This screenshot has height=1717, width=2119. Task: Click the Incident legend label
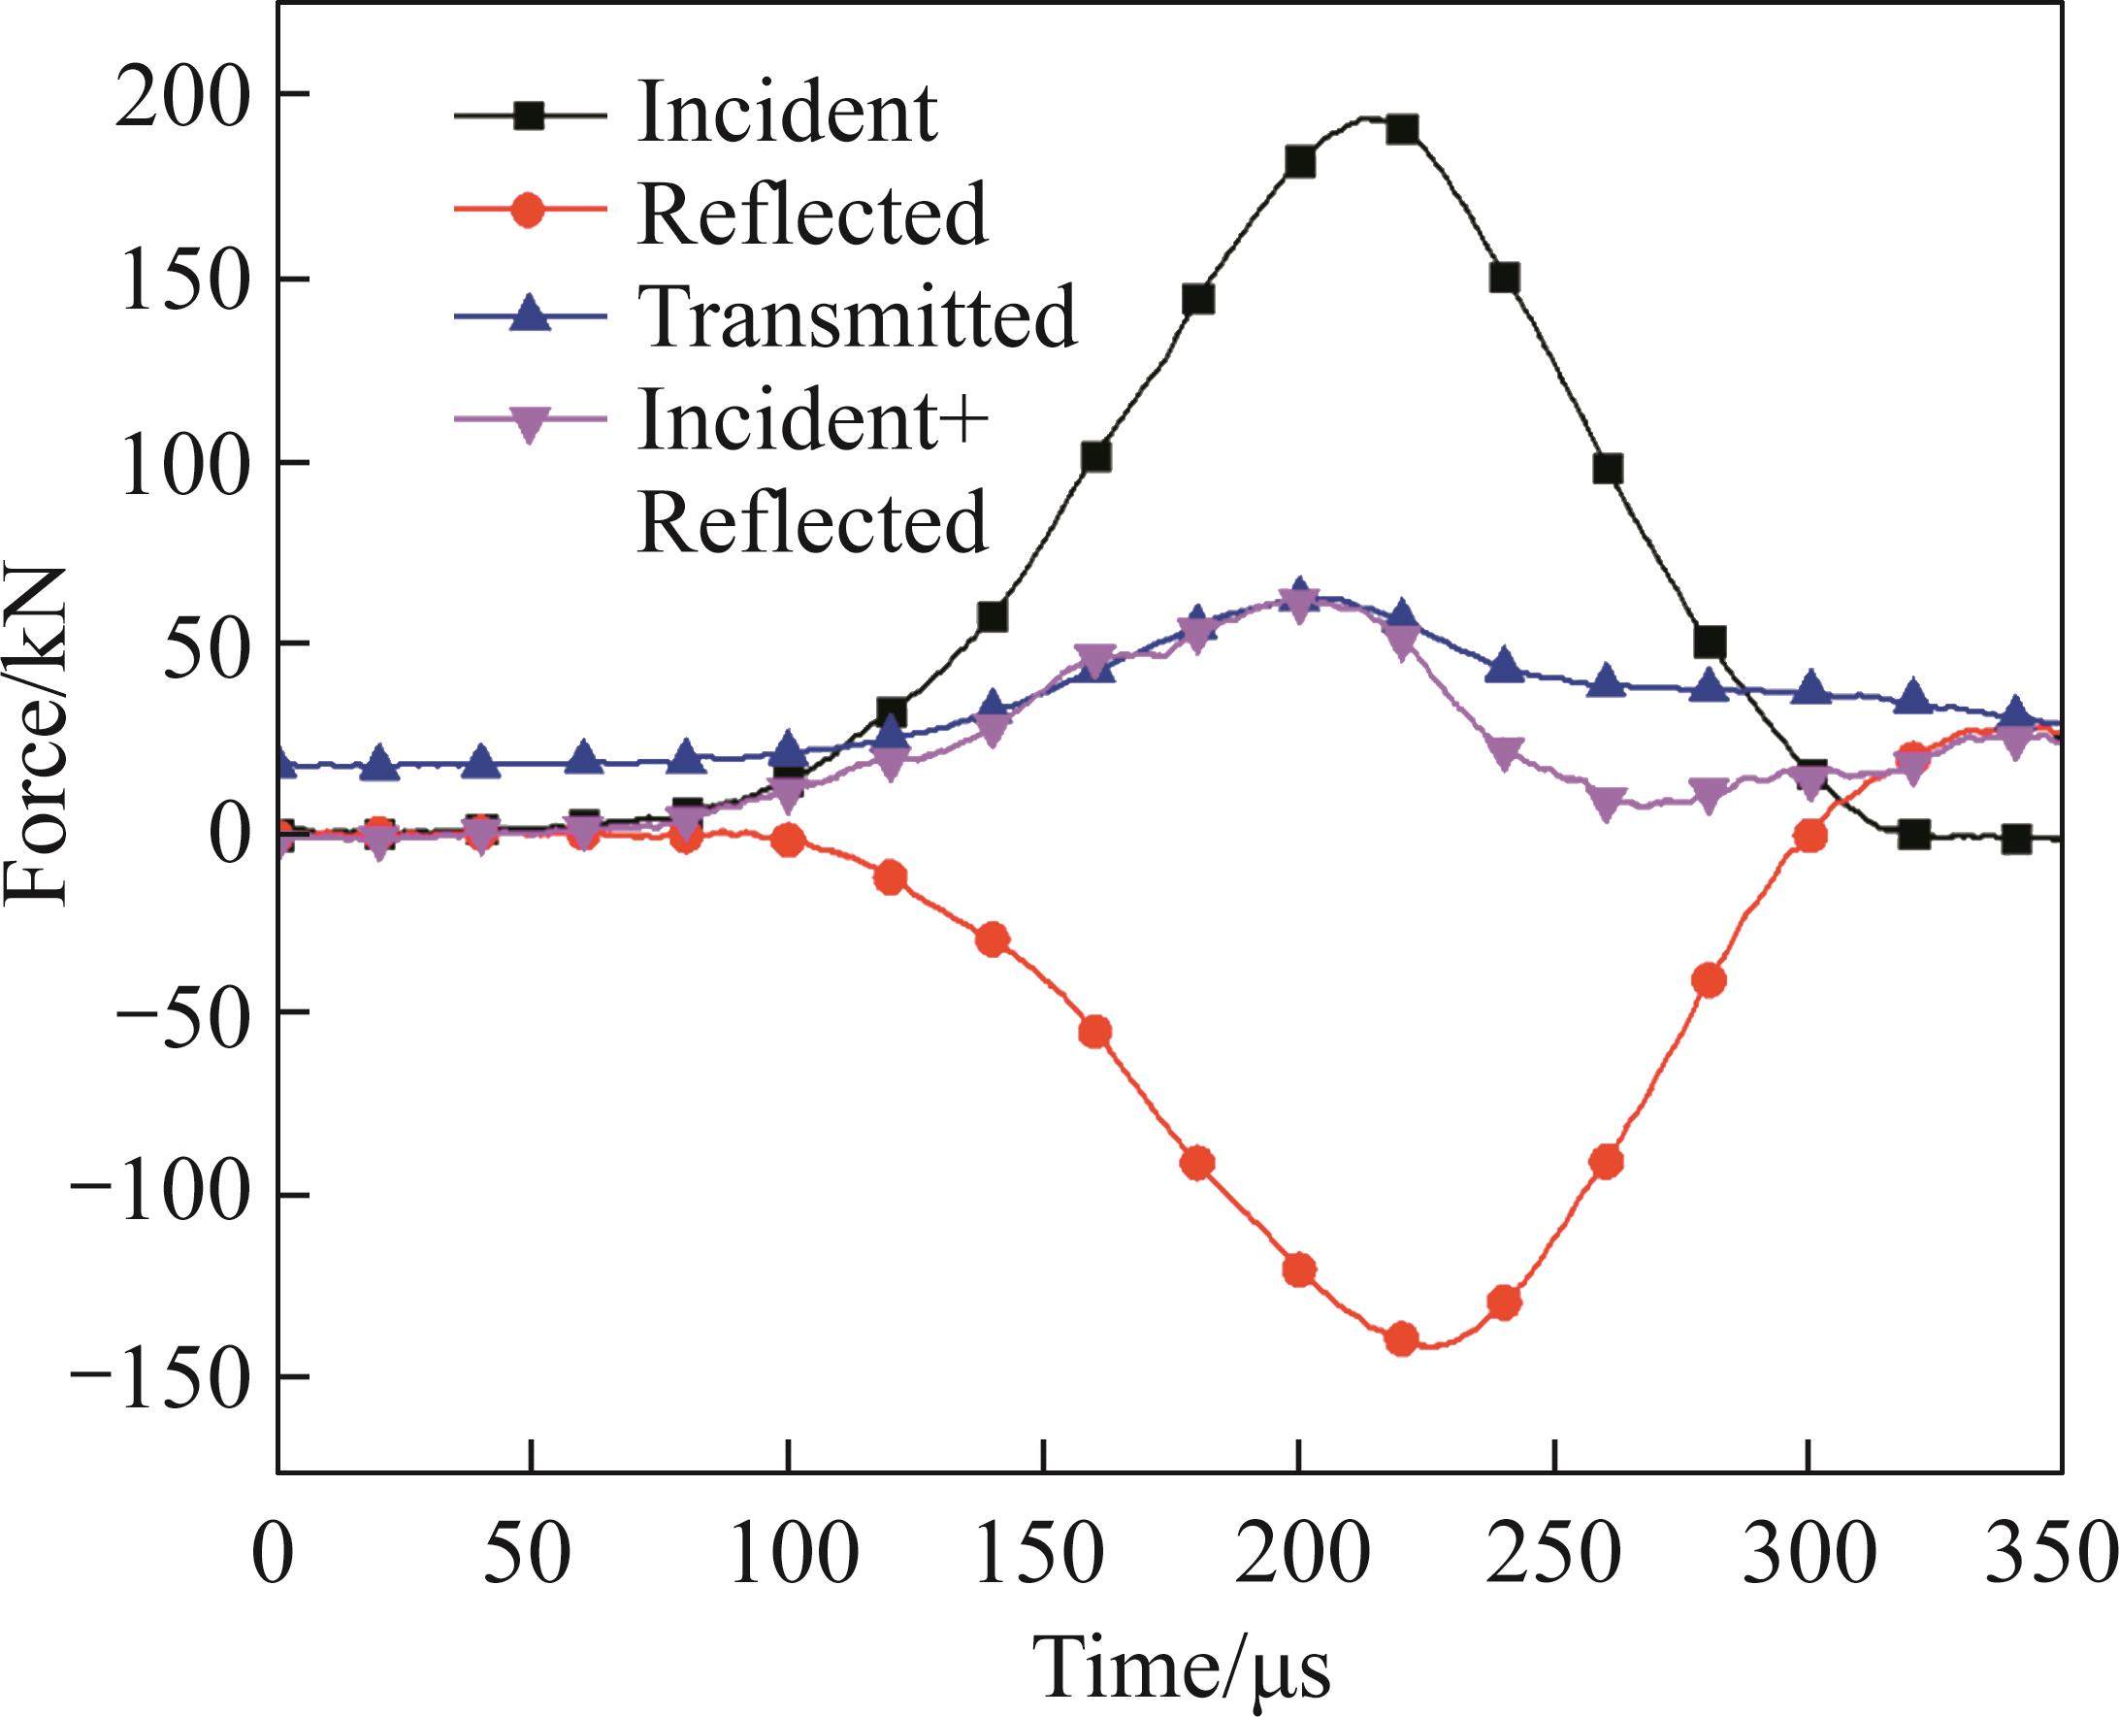(x=787, y=113)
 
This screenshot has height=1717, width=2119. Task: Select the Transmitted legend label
(x=859, y=316)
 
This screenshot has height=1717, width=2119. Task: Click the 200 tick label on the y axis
(x=178, y=96)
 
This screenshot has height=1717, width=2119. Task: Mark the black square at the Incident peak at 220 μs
(x=1402, y=129)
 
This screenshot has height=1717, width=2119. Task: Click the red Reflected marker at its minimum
(x=1402, y=1339)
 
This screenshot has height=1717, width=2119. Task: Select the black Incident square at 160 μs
(x=1095, y=457)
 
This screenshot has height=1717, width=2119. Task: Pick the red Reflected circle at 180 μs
(x=1197, y=1164)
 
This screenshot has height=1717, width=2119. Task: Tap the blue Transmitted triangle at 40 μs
(x=482, y=762)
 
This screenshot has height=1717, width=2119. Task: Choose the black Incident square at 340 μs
(x=2016, y=840)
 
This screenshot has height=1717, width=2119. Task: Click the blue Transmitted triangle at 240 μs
(x=1504, y=666)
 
